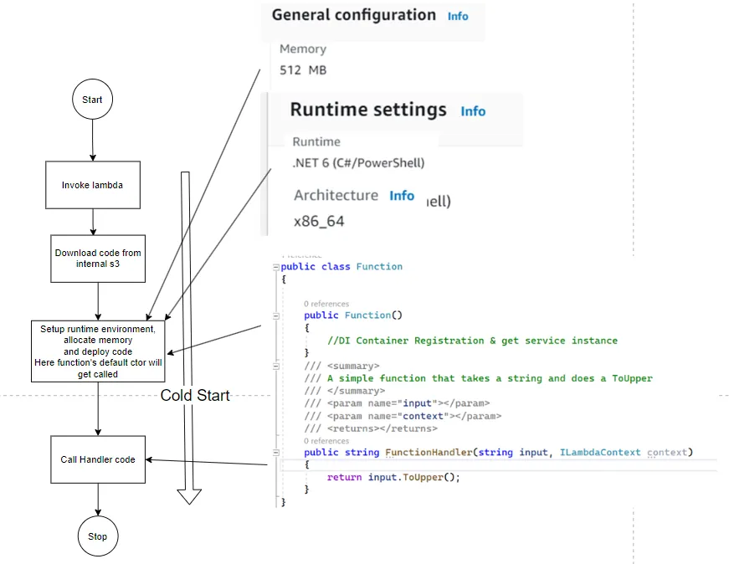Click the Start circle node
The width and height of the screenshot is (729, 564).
coord(92,100)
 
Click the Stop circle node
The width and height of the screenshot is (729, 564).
coord(98,536)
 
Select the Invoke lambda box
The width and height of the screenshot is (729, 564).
coord(92,185)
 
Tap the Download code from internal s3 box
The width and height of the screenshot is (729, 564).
coord(98,259)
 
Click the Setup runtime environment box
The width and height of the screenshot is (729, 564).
coord(98,351)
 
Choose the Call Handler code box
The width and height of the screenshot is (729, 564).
coord(98,459)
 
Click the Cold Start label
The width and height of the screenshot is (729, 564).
coord(195,396)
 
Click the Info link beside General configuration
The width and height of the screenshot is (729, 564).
coord(458,16)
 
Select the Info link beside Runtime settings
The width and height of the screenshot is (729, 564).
coord(473,111)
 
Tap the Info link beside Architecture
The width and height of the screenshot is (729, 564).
coord(402,195)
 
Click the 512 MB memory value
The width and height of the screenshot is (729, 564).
coord(302,70)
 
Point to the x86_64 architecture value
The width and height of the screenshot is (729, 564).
coord(319,222)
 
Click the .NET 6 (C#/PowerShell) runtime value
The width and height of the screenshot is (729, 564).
coord(358,163)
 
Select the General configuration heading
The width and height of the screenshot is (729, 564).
coord(353,15)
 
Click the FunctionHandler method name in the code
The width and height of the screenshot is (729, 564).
coord(428,453)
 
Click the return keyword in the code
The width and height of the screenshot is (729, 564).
coord(344,477)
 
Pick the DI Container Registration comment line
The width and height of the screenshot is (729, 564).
coord(473,341)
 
